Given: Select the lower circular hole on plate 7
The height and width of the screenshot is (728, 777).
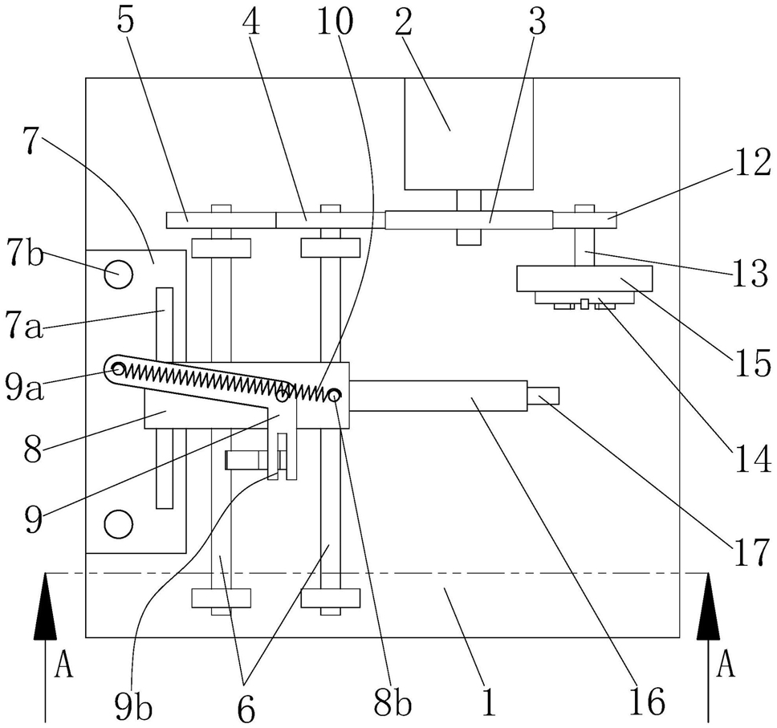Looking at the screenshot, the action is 119,524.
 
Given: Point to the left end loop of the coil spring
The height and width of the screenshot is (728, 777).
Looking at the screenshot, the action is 118,368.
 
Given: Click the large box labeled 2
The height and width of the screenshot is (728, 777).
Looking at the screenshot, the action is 469,134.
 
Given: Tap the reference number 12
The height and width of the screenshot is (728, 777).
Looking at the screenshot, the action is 752,164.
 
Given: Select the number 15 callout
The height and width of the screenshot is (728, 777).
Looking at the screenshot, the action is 752,363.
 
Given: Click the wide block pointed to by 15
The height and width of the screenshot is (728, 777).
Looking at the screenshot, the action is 584,279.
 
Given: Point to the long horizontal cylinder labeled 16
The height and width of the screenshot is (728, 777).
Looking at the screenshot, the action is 438,396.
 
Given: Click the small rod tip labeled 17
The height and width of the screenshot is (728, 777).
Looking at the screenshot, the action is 543,396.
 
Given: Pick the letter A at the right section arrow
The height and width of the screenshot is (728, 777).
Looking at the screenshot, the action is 726,664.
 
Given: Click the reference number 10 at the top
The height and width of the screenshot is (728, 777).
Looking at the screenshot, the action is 335,22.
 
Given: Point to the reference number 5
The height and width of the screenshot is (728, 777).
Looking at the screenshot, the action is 126,22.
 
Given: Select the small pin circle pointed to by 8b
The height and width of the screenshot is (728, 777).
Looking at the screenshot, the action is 335,395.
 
